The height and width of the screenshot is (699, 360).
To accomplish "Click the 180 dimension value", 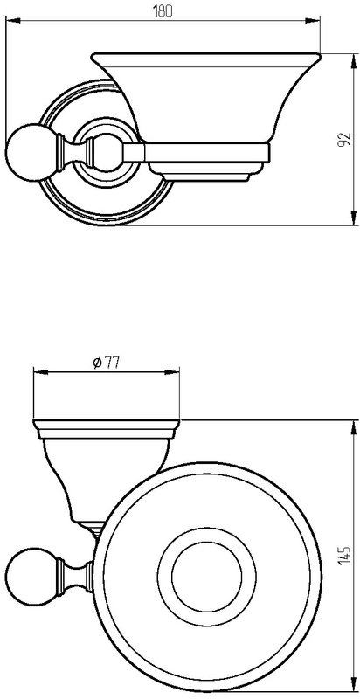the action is point(163,11).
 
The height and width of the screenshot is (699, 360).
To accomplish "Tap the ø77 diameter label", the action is point(106,363).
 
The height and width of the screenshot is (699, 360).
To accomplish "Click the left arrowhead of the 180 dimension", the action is point(13,20).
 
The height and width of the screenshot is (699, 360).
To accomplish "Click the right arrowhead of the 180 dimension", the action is point(312,20).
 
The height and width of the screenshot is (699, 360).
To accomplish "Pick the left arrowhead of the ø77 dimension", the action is point(41,372).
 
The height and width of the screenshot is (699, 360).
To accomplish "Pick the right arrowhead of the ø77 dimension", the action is point(172,372).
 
